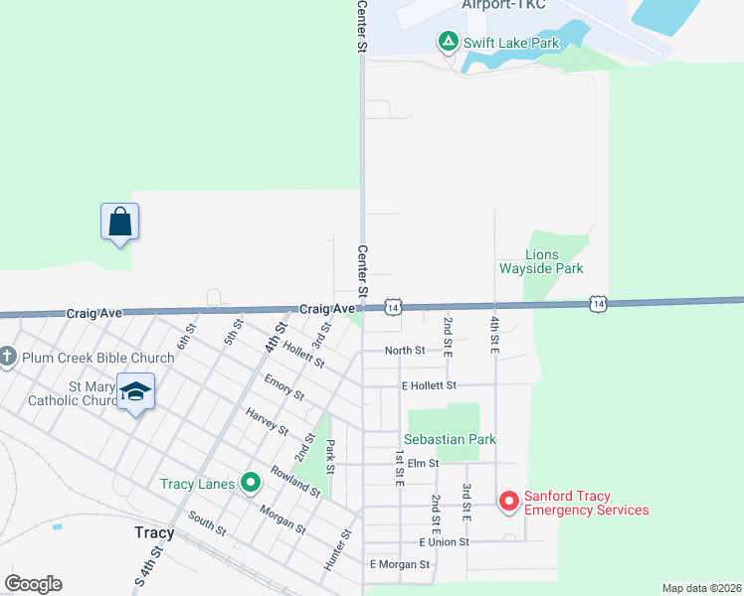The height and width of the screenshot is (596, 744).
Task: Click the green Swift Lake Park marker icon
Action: click(448, 42)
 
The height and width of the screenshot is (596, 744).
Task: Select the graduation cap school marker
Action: click(135, 391)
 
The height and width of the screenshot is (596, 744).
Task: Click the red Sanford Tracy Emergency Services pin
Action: click(508, 501)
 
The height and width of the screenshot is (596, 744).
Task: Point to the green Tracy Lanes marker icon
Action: click(250, 484)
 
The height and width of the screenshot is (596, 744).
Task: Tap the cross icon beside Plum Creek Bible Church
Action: click(8, 357)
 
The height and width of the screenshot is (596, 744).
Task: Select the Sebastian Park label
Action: click(450, 439)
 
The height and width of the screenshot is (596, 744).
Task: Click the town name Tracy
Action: click(154, 532)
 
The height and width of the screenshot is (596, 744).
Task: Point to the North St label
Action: click(405, 350)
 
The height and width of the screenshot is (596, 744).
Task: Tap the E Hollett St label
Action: click(429, 385)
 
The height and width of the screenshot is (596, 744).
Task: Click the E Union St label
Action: click(444, 542)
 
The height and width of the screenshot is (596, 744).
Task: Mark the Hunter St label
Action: click(337, 548)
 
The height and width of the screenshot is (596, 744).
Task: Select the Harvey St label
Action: click(266, 423)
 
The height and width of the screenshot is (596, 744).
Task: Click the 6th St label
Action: click(186, 337)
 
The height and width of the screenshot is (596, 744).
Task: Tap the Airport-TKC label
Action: click(503, 5)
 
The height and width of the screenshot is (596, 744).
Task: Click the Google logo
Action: click(33, 583)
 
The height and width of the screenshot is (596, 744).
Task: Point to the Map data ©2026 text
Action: click(701, 588)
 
